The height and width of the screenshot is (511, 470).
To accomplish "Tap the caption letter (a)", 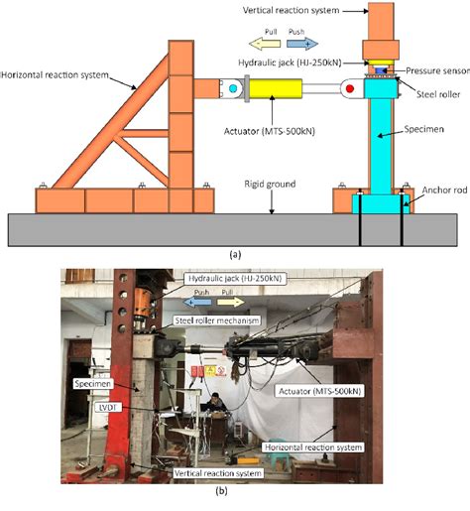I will (x=235, y=253).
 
